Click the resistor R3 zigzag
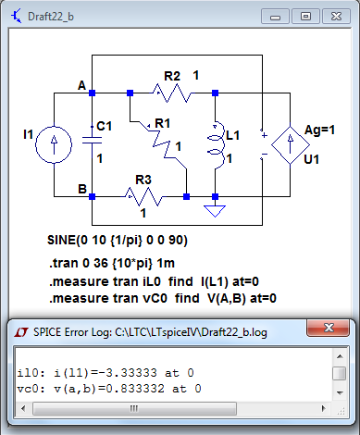143,196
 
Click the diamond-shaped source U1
296,143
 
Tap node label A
82,86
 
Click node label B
82,190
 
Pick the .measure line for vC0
163,298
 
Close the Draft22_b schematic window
337,15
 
